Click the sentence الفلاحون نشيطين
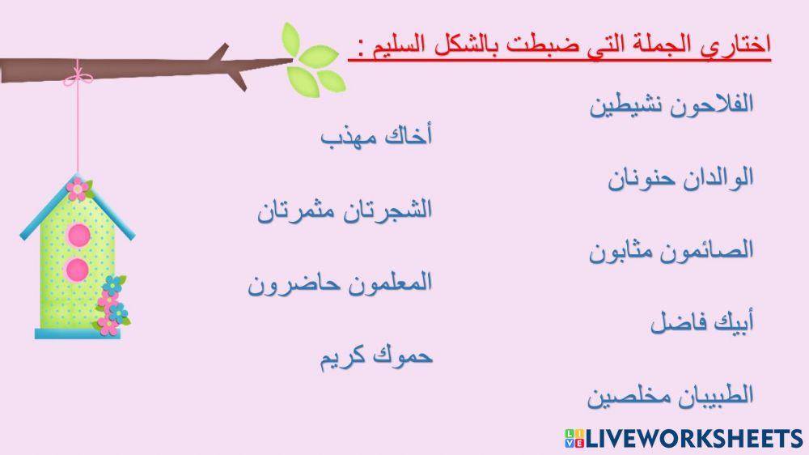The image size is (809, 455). [671, 105]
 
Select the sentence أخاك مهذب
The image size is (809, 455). [376, 137]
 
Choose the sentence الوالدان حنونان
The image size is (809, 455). [681, 178]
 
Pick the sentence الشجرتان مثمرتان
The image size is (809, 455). [345, 210]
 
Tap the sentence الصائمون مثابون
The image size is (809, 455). [671, 250]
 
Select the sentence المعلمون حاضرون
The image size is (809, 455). [340, 283]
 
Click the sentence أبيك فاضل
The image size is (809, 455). [701, 324]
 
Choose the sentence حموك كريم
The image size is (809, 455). [376, 356]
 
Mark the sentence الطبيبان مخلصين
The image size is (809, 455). [671, 396]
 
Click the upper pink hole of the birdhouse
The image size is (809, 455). [78, 235]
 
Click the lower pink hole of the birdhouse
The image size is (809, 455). [77, 270]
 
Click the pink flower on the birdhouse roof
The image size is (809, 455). [77, 189]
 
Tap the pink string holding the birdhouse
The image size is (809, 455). [78, 130]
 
